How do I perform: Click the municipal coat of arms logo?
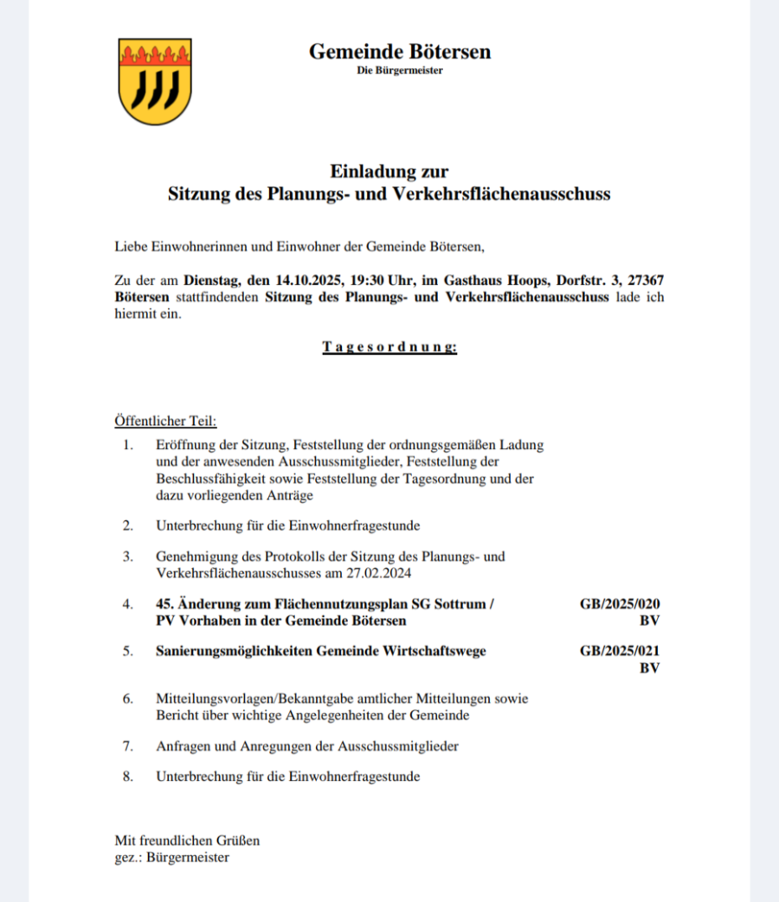click(x=155, y=81)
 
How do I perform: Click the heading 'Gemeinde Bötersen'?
click(x=399, y=52)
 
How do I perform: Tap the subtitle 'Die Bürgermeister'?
click(x=399, y=71)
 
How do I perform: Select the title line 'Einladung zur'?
click(x=389, y=171)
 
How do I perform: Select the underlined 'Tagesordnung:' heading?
click(x=389, y=347)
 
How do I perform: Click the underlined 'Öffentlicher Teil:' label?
click(x=165, y=422)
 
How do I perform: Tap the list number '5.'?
click(x=127, y=652)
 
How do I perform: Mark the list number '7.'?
click(x=127, y=745)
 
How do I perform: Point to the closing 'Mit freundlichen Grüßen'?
click(x=187, y=841)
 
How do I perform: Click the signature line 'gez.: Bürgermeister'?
click(x=172, y=857)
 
